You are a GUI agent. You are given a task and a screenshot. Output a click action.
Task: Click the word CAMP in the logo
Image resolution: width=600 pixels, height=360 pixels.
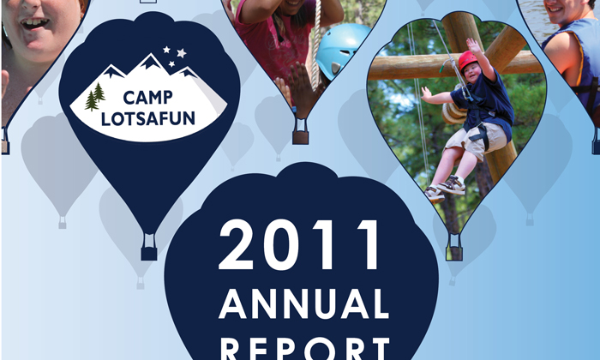[147, 98]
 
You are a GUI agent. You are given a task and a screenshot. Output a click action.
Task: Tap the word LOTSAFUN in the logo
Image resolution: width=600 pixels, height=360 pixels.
[147, 119]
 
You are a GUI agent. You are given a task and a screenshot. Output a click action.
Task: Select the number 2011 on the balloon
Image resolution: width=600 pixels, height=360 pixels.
[299, 245]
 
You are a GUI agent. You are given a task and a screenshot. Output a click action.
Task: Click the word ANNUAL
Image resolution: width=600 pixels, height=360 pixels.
[303, 304]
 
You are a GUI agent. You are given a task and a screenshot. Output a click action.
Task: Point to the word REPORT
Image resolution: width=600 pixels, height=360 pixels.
[305, 348]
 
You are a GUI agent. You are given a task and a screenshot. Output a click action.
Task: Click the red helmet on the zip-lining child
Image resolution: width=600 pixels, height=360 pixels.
[467, 60]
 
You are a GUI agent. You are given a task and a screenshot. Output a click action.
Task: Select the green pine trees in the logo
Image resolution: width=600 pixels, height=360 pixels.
[94, 97]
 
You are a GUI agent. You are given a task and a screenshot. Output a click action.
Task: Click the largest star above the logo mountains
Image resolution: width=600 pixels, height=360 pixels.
[182, 53]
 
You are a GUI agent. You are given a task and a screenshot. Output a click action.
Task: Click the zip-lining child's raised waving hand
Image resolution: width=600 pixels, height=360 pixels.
[473, 45]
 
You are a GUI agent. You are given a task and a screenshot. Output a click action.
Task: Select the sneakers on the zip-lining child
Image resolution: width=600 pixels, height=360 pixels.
[445, 189]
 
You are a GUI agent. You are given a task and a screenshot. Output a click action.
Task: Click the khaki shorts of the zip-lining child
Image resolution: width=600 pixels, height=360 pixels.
[476, 140]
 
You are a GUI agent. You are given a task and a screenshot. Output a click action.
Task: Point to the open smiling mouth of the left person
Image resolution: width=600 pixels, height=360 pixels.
[35, 23]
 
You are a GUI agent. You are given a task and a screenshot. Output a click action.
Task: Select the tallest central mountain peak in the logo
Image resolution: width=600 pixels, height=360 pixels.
[150, 61]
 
